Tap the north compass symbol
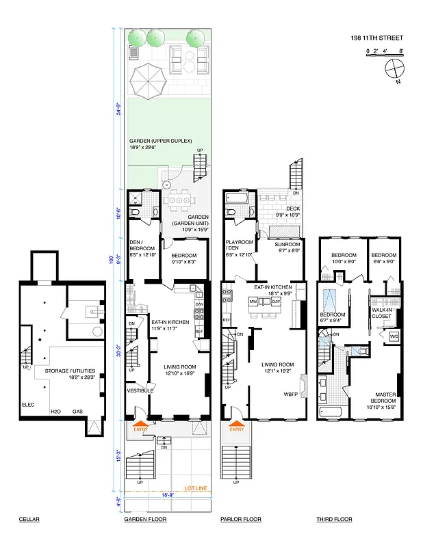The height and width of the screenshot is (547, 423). click(x=394, y=69)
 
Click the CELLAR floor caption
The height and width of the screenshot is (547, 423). click(x=29, y=520)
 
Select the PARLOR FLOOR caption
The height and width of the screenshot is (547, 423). click(x=241, y=520)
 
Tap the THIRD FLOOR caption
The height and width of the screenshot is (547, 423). click(x=334, y=520)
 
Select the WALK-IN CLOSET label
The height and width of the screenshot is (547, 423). click(x=381, y=314)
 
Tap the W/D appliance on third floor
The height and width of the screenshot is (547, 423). click(x=394, y=336)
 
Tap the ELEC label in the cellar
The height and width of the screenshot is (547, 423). click(x=28, y=403)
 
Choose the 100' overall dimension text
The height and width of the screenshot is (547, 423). click(x=110, y=260)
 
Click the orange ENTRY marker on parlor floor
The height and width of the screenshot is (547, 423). click(x=236, y=429)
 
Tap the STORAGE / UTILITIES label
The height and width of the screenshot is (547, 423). click(x=70, y=371)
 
